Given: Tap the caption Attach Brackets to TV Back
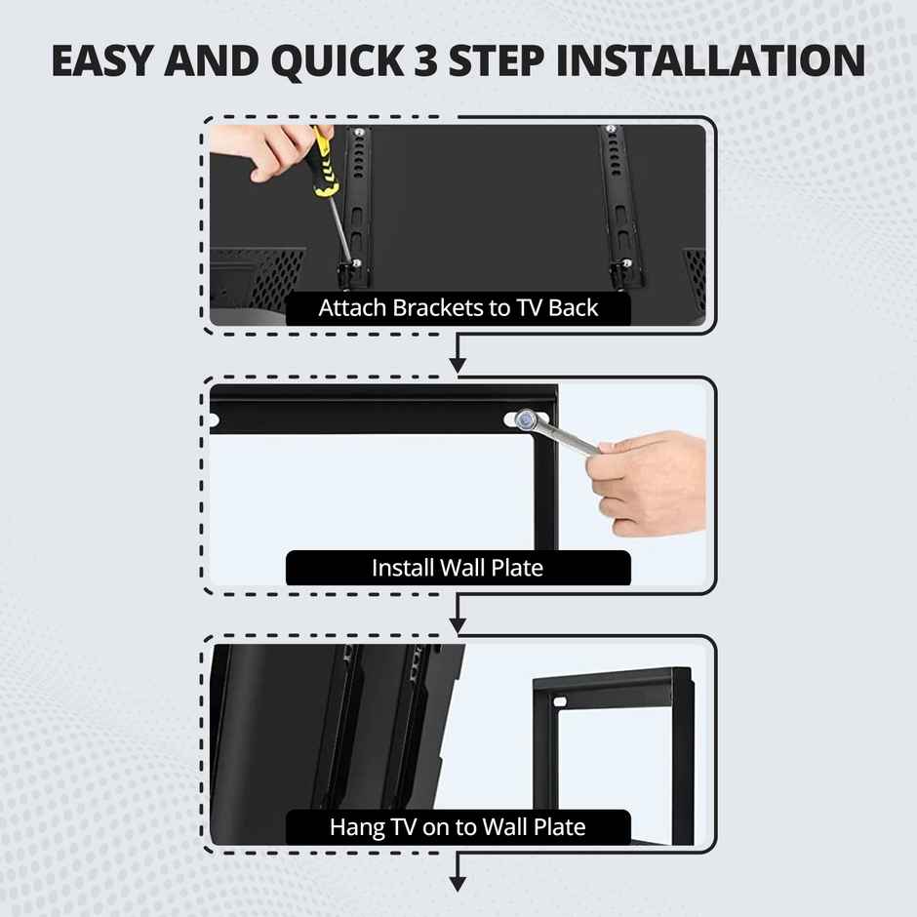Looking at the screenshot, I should point(458,308).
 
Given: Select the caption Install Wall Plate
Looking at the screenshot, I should point(458,567).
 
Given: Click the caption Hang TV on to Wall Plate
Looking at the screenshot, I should point(458,827).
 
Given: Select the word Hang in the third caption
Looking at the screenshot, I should point(350,827).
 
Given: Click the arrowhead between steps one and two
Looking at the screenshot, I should point(458,365).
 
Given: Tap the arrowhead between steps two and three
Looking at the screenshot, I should point(458,623).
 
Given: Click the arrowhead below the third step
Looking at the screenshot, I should point(458,883).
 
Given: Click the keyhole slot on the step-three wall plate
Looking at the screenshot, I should point(560,699).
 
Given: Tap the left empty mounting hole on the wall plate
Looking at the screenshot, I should point(214,420).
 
